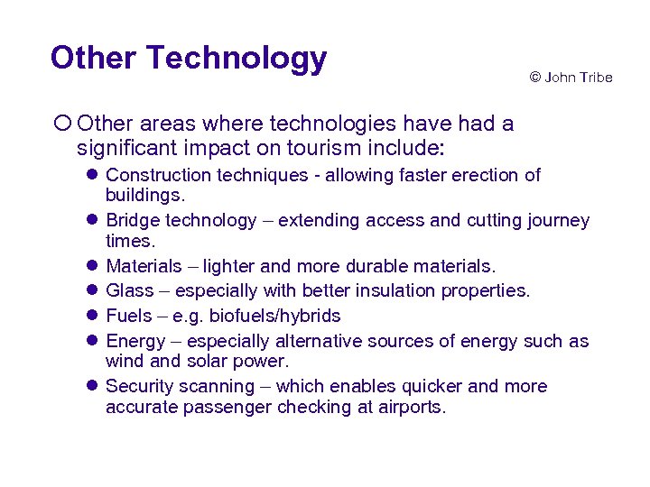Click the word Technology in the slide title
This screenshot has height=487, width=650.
click(237, 59)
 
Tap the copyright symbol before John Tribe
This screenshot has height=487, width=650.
click(534, 78)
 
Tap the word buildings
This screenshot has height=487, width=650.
click(144, 195)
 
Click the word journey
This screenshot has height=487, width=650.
click(558, 220)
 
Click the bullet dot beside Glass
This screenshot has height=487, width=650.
click(93, 290)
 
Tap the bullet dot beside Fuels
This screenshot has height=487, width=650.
click(93, 316)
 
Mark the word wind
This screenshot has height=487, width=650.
click(123, 362)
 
